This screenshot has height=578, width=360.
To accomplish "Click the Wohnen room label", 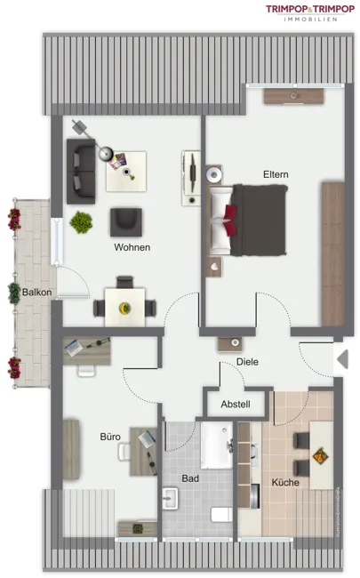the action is (x=132, y=247).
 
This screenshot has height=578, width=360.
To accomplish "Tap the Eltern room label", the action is (x=276, y=174).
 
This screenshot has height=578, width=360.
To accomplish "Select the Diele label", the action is (x=247, y=362).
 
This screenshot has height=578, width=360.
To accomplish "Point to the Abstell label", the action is (x=236, y=404).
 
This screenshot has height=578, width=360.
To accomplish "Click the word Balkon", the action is (x=36, y=293).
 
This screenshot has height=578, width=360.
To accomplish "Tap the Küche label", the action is (x=285, y=482).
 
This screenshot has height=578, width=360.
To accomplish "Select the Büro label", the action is (x=110, y=437).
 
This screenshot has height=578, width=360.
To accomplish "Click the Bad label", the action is (x=190, y=478).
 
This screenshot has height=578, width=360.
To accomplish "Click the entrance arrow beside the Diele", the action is (x=343, y=359).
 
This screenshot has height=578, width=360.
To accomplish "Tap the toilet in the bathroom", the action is (x=221, y=515).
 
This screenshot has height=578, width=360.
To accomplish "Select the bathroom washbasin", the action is (x=171, y=498).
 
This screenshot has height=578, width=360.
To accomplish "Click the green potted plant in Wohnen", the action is (x=81, y=222).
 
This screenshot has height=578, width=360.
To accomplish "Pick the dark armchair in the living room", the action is (x=126, y=222).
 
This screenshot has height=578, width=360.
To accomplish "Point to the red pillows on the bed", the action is (x=229, y=220).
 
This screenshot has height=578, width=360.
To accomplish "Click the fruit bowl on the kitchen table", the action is (x=320, y=455).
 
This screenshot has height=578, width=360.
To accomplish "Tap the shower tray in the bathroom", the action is (x=217, y=446).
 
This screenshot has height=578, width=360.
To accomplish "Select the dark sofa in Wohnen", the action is (x=81, y=172).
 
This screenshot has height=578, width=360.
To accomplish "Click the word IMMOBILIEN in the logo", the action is (x=310, y=20).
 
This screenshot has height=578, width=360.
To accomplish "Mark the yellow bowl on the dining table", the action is (x=124, y=307).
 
